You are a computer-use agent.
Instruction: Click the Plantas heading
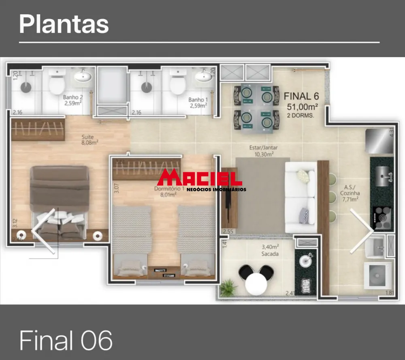coord(64,24)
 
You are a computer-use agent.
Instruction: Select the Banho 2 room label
coord(73,101)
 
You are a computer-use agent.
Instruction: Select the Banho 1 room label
coord(198,103)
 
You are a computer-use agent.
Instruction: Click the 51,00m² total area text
coord(302,107)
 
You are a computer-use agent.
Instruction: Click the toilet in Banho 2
coord(57,84)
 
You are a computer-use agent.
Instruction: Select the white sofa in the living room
coord(301,197)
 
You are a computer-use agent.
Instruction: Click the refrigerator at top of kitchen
coord(379,141)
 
